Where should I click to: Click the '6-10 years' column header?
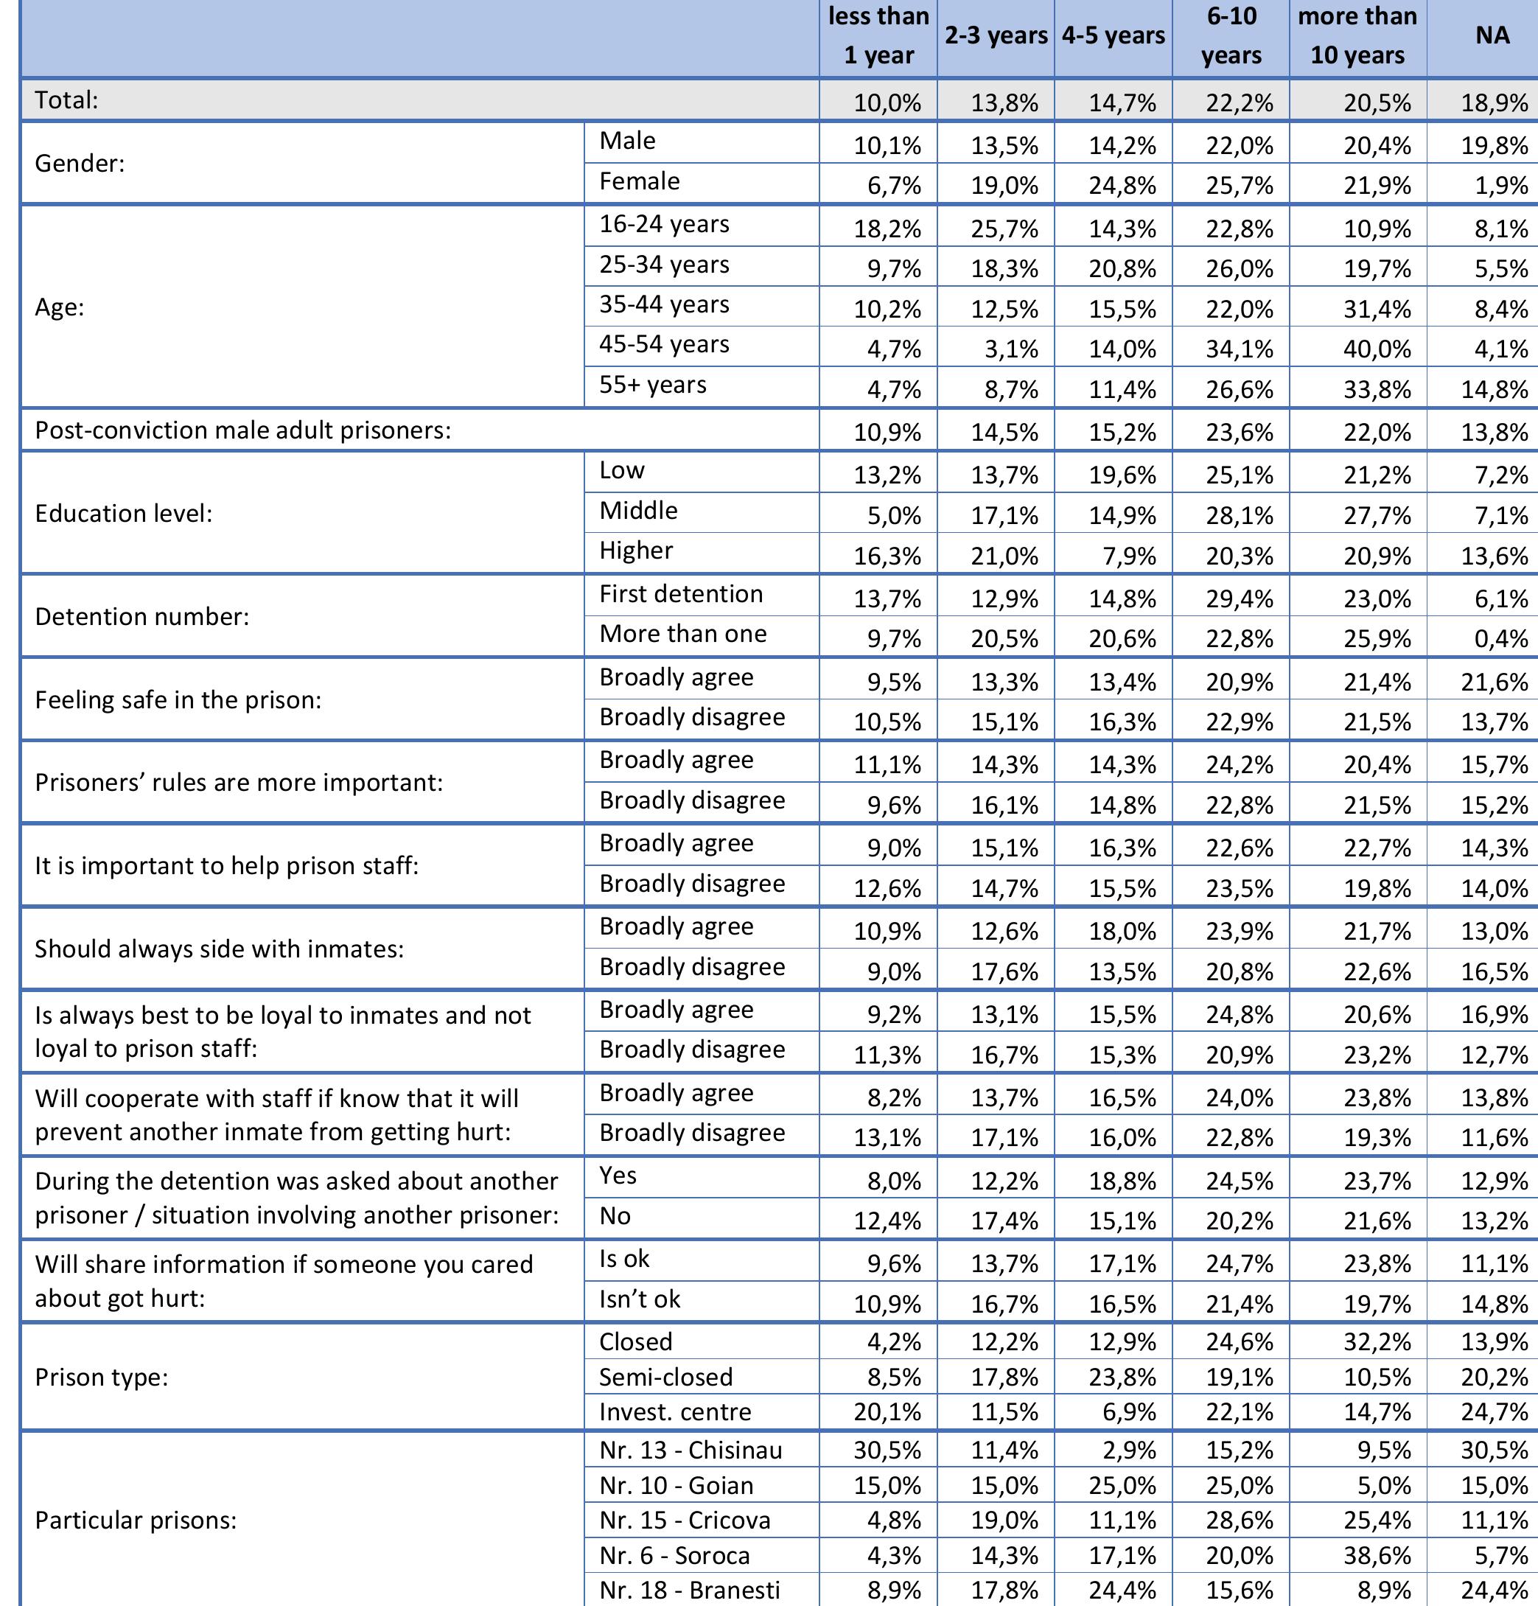[1231, 36]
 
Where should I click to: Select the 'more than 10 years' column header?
[1357, 36]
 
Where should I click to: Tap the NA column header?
[1492, 36]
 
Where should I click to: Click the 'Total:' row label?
[67, 100]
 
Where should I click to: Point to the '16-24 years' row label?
[664, 224]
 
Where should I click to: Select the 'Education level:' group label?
[124, 514]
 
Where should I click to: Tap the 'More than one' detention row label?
[682, 633]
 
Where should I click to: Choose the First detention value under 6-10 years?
[1239, 599]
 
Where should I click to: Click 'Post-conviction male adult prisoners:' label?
[243, 430]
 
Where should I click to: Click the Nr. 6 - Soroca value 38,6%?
[1377, 1555]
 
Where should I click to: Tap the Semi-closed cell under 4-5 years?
[1122, 1378]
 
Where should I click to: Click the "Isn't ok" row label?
[639, 1299]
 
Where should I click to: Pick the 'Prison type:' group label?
[102, 1378]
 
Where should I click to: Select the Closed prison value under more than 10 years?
[1377, 1342]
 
